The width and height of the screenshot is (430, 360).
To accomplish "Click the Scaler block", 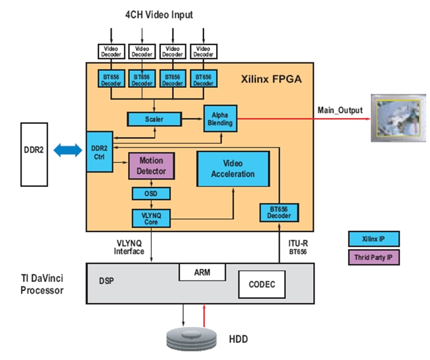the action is click(x=154, y=119).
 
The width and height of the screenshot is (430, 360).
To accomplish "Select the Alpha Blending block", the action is click(x=220, y=119).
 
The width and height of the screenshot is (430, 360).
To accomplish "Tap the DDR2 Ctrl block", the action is click(x=100, y=152).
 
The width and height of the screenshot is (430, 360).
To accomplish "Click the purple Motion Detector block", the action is click(x=152, y=166).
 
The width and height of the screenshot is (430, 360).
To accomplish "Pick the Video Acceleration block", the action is click(x=233, y=169).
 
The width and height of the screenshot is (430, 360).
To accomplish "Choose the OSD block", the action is click(x=151, y=193).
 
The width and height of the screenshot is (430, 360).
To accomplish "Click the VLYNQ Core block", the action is click(x=151, y=218).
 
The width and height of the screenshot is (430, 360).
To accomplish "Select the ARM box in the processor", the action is click(x=202, y=272).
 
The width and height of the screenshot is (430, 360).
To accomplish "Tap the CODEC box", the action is click(x=262, y=285).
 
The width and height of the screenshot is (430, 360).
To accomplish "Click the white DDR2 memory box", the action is click(x=34, y=155).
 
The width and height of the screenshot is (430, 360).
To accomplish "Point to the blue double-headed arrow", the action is click(x=68, y=150).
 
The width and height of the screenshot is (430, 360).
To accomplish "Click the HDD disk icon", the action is click(x=192, y=339).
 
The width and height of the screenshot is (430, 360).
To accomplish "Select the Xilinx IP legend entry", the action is click(x=374, y=239).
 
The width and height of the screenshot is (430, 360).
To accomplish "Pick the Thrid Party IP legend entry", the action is click(x=374, y=257).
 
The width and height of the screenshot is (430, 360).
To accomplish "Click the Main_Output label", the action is click(x=340, y=110).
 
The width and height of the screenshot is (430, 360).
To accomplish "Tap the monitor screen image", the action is click(x=398, y=118).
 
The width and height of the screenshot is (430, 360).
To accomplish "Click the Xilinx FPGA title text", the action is click(x=271, y=79).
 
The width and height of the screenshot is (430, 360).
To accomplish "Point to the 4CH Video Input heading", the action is click(x=159, y=14).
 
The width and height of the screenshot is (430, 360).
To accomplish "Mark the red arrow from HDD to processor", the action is click(x=204, y=315).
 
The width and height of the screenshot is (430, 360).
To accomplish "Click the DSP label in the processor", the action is click(x=106, y=281).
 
